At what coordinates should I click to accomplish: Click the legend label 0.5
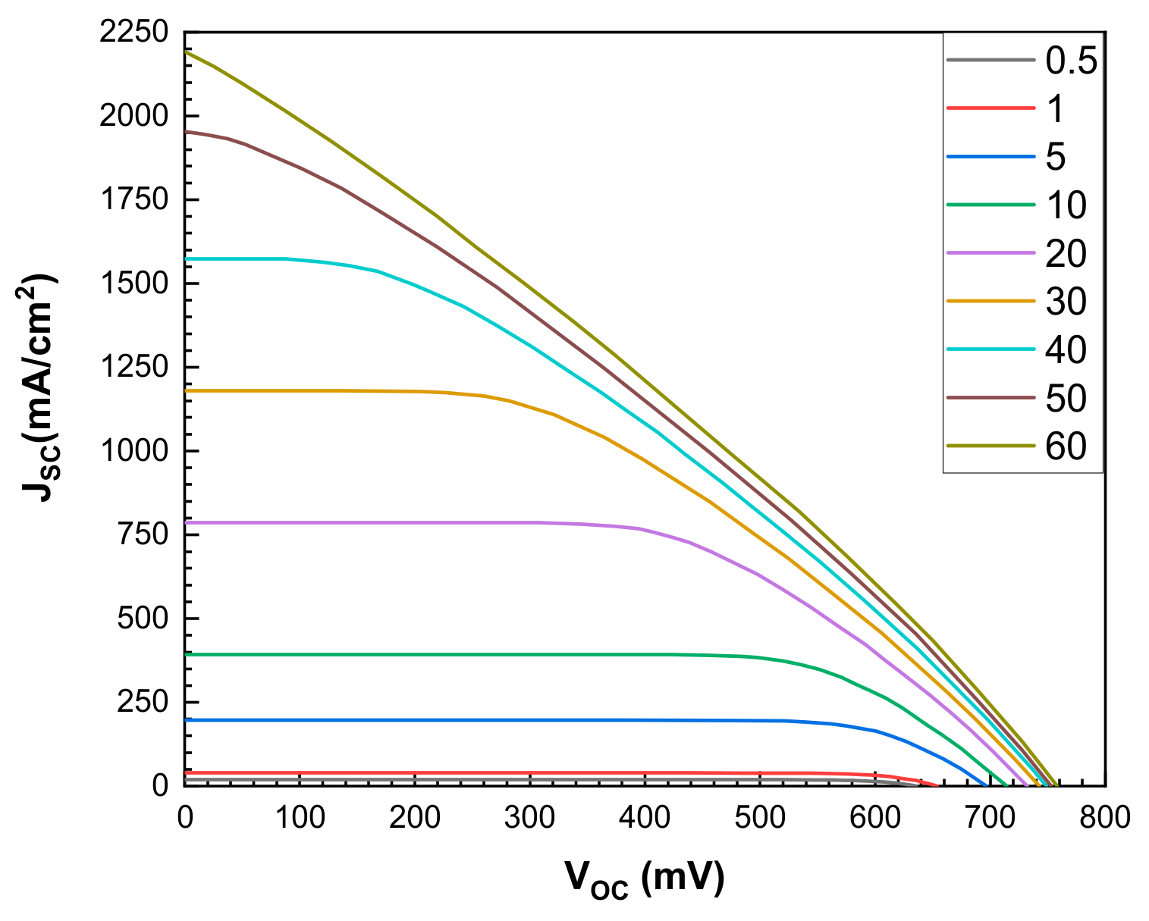(x=1071, y=61)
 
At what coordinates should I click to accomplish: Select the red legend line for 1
(x=991, y=108)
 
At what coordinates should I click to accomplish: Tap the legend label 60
(x=1066, y=446)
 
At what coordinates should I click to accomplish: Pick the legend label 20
(x=1066, y=253)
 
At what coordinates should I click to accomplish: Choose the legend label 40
(x=1066, y=349)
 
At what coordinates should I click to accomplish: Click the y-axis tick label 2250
(x=133, y=33)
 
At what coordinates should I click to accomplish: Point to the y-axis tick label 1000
(x=133, y=451)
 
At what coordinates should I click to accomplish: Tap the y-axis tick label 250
(x=142, y=702)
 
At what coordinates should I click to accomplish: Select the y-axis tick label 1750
(x=133, y=200)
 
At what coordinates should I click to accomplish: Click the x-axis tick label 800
(x=1105, y=817)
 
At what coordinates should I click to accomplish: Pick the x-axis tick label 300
(x=530, y=817)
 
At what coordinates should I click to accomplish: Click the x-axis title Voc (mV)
(x=644, y=879)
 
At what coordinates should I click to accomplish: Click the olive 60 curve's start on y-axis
(x=185, y=52)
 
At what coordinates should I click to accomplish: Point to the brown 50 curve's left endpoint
(x=185, y=131)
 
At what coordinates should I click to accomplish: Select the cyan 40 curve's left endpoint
(x=185, y=258)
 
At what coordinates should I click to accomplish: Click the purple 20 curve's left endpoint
(x=185, y=522)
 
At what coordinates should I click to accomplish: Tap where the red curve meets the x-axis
(x=937, y=785)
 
